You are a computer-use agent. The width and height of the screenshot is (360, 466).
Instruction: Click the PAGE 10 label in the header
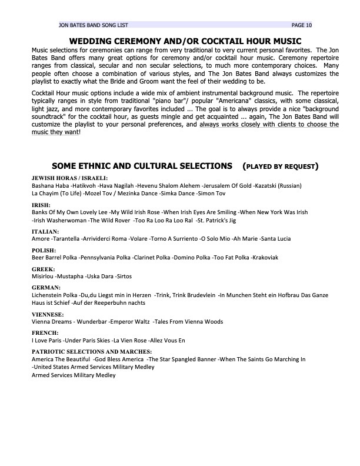[x=302, y=25]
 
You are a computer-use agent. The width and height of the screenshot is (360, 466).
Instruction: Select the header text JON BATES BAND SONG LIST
[x=93, y=25]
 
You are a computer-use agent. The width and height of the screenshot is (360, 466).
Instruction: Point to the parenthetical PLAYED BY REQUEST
[x=281, y=167]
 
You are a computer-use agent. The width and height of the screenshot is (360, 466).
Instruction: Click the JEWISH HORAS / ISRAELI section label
[x=70, y=178]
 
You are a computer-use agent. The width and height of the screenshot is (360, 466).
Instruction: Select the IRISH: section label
[x=41, y=205]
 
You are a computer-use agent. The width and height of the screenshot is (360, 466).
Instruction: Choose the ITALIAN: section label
[x=45, y=232]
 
